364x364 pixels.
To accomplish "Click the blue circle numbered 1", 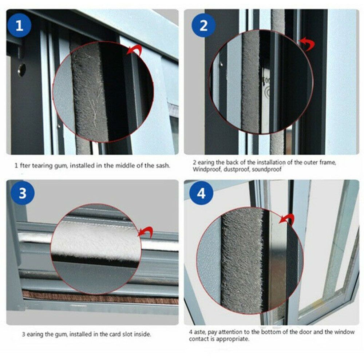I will coord(19,26).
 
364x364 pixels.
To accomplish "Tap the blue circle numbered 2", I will coord(203,25).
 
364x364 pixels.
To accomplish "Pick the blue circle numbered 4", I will coord(201,194).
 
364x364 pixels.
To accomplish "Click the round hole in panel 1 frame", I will coord(21,69).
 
